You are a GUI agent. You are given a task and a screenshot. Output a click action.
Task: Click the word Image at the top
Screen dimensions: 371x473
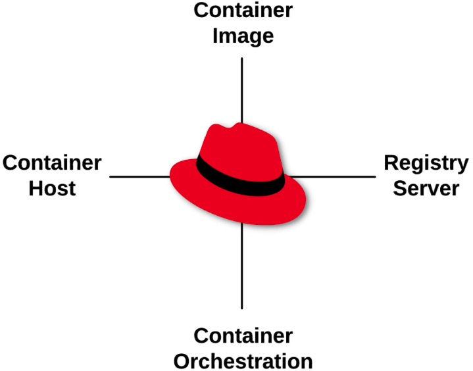pos(243,36)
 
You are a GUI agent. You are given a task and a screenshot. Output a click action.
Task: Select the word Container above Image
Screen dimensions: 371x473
pos(243,11)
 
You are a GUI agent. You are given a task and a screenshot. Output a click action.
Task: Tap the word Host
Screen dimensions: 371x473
pos(52,188)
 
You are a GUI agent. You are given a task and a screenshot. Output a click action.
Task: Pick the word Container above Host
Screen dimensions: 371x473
pos(52,162)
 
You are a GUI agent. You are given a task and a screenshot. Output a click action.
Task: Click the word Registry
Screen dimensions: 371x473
pos(426,163)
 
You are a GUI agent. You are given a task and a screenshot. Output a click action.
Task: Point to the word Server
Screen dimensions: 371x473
pos(426,188)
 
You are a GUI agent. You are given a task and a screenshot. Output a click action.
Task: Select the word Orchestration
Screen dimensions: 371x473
pos(243,361)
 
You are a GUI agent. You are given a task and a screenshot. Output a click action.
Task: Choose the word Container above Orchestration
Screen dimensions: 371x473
pos(243,336)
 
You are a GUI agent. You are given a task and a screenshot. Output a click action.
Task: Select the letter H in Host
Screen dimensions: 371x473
pos(37,188)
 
